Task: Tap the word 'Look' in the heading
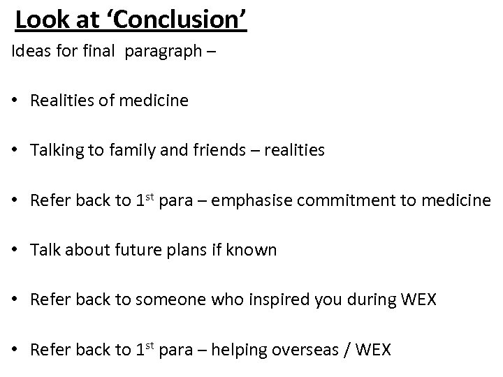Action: pos(41,20)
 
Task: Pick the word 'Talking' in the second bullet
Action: pos(54,150)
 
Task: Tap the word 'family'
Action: pos(125,150)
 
